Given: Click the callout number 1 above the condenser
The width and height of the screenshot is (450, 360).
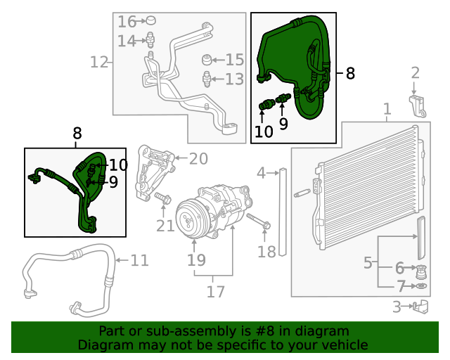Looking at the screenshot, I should click(x=386, y=109).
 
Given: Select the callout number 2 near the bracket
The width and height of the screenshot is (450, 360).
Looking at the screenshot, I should click(x=415, y=72).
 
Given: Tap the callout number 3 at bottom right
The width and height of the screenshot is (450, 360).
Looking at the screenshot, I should click(x=397, y=307).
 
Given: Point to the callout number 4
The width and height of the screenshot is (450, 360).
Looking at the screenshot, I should click(x=262, y=172).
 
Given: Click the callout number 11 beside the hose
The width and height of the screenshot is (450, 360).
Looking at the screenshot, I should click(x=140, y=260).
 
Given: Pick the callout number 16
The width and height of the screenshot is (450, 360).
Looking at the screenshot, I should click(x=127, y=21).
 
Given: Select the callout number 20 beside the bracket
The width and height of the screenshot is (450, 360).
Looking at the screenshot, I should click(x=199, y=159).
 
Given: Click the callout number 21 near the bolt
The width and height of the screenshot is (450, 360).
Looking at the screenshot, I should click(x=165, y=225).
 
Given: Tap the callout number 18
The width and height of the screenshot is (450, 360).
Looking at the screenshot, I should click(x=267, y=251).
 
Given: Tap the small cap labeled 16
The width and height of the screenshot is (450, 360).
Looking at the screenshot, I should click(x=150, y=21).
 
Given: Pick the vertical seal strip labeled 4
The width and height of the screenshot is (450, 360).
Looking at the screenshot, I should click(x=283, y=211).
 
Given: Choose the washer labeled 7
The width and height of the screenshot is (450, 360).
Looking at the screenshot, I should click(x=420, y=286).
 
